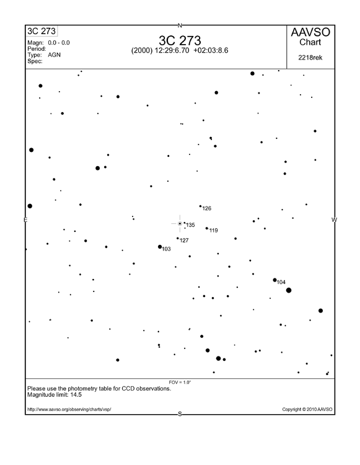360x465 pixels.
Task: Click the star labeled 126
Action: tap(200, 206)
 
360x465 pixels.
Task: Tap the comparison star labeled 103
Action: tap(160, 247)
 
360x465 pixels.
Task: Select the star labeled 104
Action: tap(275, 280)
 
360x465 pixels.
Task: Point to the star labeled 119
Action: tap(207, 228)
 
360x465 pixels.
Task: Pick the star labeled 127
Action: tap(178, 238)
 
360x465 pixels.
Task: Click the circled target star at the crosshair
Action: tap(180, 223)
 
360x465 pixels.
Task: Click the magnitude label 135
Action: tap(190, 225)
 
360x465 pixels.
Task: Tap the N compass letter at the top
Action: tap(180, 25)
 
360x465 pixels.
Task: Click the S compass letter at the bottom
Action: tap(180, 414)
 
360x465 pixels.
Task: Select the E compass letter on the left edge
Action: tap(25, 220)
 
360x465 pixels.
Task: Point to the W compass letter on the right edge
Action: tap(334, 220)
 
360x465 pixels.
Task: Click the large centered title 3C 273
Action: tap(180, 40)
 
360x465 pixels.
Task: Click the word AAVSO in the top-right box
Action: tap(310, 33)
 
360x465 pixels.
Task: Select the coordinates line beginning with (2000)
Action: tap(180, 50)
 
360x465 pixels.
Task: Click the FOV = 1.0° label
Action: tap(180, 382)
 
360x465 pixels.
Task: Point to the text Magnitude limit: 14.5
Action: tap(55, 394)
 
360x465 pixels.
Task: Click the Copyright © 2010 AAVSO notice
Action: tap(307, 409)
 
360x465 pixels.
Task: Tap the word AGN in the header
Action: tap(54, 55)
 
